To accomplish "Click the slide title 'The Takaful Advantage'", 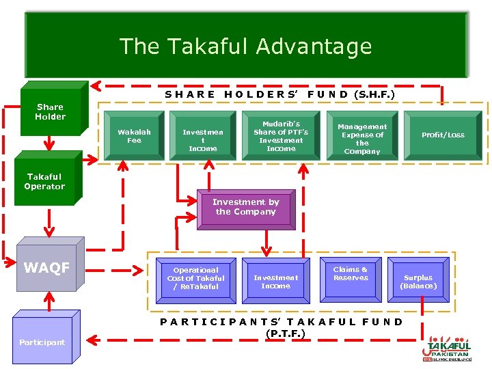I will coord(245,46).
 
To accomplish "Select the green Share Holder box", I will coord(50,111).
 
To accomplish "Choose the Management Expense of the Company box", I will coord(362,139).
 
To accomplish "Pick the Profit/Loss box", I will coord(442,135).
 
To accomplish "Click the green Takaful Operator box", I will coord(44,182).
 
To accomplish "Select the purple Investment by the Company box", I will coord(245,207).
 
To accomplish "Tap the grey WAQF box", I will coord(46,268).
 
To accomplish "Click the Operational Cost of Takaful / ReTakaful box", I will coord(195,278).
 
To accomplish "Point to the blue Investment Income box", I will coord(275,282).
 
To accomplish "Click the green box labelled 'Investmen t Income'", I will coord(202,139).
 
